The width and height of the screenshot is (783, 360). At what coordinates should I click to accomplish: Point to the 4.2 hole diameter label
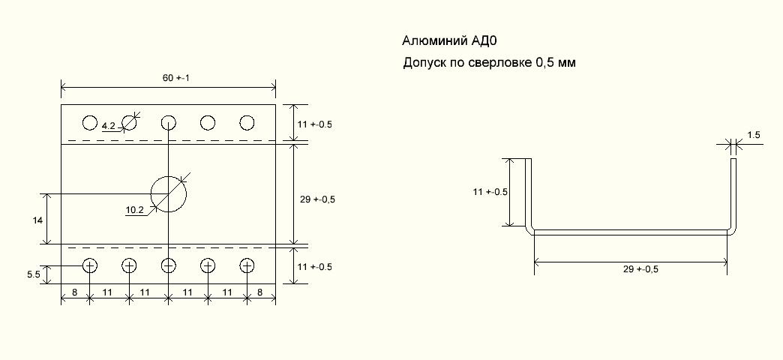pyautogui.click(x=108, y=126)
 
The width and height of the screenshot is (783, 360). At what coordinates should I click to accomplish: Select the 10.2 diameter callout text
pyautogui.click(x=134, y=211)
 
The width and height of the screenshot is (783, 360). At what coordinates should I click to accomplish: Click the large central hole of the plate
pyautogui.click(x=168, y=194)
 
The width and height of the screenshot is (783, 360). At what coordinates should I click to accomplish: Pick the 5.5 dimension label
pyautogui.click(x=33, y=274)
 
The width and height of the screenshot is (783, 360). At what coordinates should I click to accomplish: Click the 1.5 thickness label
pyautogui.click(x=754, y=135)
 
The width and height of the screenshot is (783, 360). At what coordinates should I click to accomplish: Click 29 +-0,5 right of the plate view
pyautogui.click(x=317, y=199)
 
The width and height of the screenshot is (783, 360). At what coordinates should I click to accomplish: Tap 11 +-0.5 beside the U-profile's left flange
pyautogui.click(x=490, y=192)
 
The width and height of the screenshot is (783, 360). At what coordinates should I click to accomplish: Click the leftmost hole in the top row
pyautogui.click(x=90, y=122)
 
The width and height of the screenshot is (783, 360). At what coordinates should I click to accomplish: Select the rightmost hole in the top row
pyautogui.click(x=247, y=122)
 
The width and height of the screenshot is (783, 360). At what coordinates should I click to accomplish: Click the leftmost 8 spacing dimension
pyautogui.click(x=75, y=292)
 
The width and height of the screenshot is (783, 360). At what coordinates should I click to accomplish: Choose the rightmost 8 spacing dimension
pyautogui.click(x=260, y=292)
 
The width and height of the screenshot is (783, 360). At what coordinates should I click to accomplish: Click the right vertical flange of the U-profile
pyautogui.click(x=733, y=193)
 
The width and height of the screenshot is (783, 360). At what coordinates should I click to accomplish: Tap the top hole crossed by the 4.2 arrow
pyautogui.click(x=129, y=122)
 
